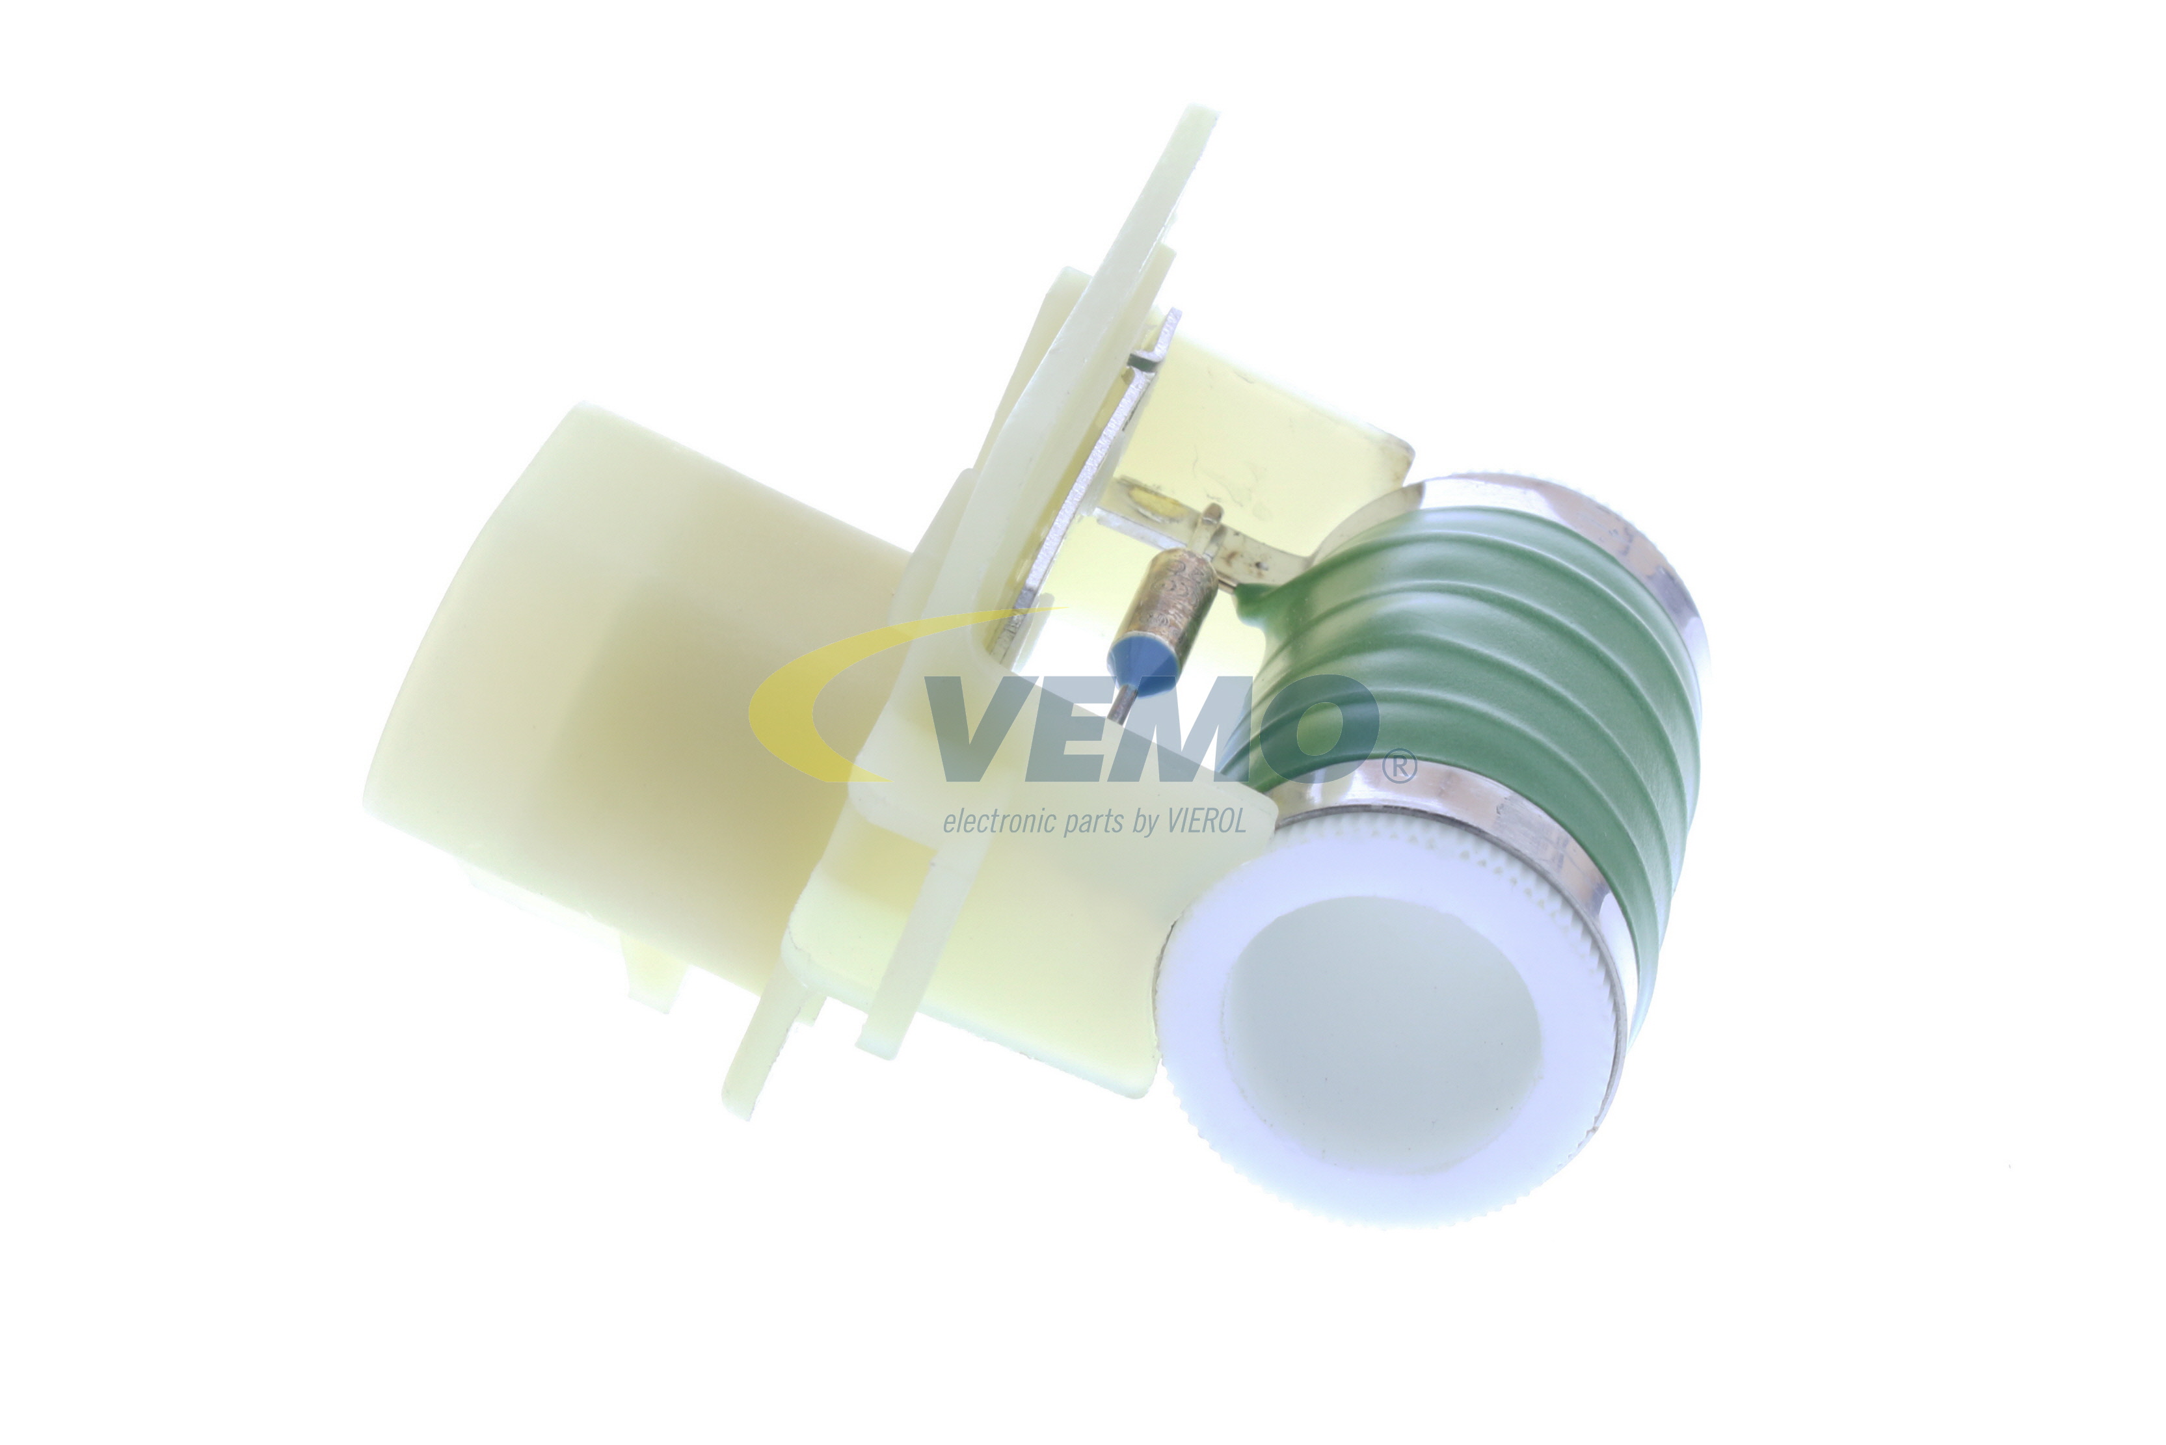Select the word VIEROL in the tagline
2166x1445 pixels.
point(1207,820)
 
